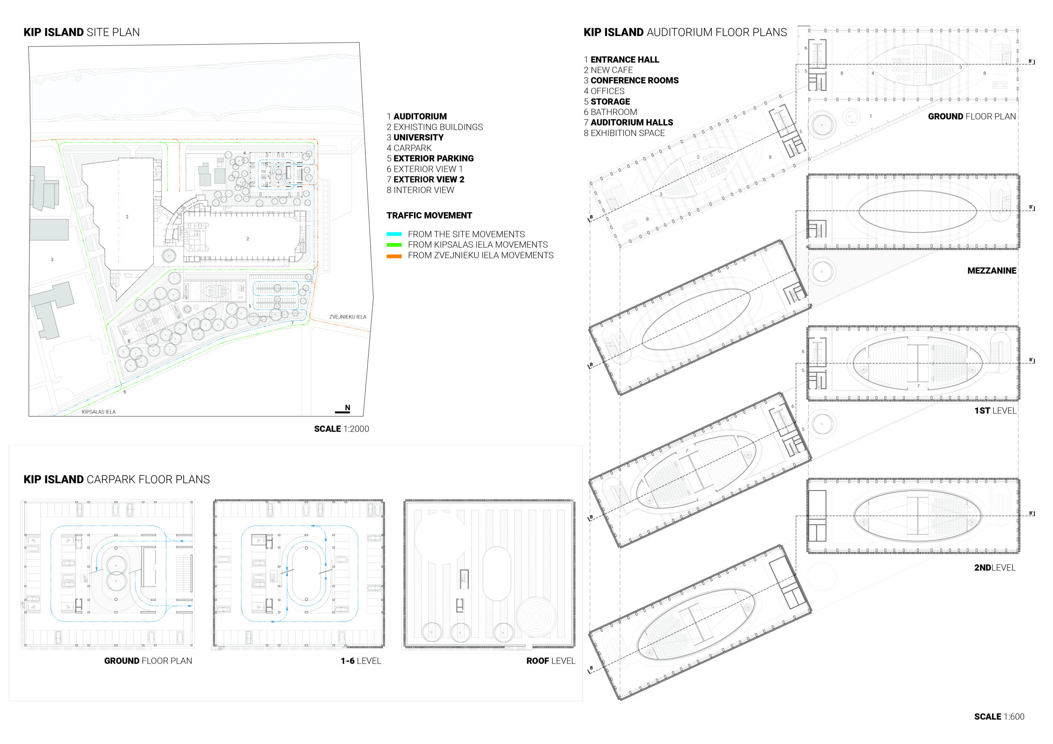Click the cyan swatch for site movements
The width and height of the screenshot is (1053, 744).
[x=394, y=234]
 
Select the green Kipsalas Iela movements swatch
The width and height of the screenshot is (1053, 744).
[x=394, y=245]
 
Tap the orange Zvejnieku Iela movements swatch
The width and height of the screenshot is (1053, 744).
[x=394, y=256]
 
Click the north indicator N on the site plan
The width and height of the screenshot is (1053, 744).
[x=347, y=408]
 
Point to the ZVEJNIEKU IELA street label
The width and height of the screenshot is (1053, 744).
[x=347, y=317]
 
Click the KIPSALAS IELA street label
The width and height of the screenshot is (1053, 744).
[x=99, y=412]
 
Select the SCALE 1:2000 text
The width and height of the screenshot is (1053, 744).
[x=341, y=429]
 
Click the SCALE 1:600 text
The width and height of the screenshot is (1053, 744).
[x=999, y=717]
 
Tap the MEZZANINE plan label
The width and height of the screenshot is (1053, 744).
[x=992, y=271]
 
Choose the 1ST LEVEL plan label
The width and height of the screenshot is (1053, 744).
[x=995, y=411]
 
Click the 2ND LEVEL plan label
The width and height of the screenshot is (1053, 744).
[x=995, y=568]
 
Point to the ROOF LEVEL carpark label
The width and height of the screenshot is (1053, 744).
[x=551, y=661]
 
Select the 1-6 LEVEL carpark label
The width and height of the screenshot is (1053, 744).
[x=361, y=661]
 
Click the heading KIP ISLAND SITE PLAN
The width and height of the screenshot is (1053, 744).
[x=82, y=32]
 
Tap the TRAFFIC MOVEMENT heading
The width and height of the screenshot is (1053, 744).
[x=429, y=216]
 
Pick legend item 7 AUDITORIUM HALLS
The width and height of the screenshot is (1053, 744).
[x=628, y=123]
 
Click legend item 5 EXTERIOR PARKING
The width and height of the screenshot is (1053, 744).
[x=430, y=159]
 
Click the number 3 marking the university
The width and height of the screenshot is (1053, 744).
[x=52, y=260]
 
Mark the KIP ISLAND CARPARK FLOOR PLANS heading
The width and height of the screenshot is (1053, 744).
[x=117, y=480]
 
